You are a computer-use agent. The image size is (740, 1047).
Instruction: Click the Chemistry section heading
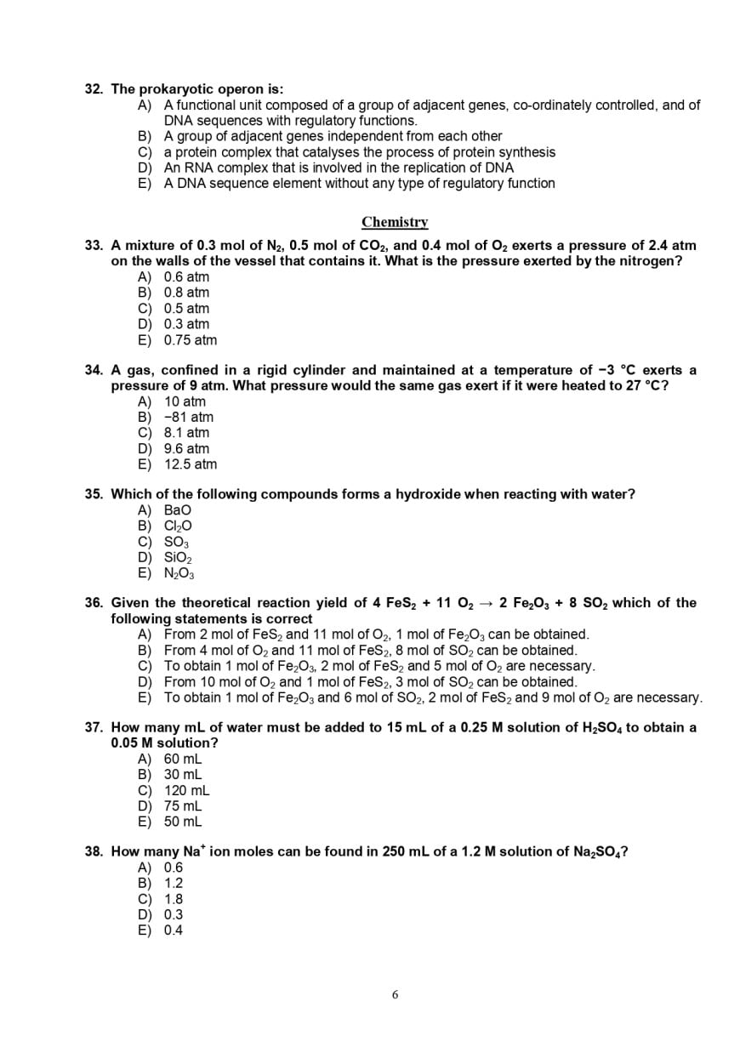pos(395,222)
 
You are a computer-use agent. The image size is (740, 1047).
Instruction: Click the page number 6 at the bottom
pos(395,994)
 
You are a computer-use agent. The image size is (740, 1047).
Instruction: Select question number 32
pos(94,89)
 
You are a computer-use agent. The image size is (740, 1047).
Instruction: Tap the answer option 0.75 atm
pos(190,340)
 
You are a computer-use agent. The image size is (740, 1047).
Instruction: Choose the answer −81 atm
pos(189,417)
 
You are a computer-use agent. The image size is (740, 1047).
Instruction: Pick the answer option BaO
pos(178,510)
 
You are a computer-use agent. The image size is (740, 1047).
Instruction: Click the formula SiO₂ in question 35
pos(178,558)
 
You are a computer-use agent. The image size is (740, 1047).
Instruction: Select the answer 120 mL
pos(187,790)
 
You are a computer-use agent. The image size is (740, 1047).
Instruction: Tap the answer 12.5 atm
pos(191,464)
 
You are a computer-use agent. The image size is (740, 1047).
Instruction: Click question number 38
pos(94,851)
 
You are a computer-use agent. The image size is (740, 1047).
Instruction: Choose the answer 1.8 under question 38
pos(174,899)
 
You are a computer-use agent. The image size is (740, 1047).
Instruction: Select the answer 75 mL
pos(183,805)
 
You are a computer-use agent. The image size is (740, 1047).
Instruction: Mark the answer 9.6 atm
pos(186,448)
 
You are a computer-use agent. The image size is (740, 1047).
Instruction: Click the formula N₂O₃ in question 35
pos(179,573)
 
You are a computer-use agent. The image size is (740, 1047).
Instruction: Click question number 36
pos(94,603)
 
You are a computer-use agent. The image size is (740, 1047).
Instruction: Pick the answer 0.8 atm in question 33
pos(186,293)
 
